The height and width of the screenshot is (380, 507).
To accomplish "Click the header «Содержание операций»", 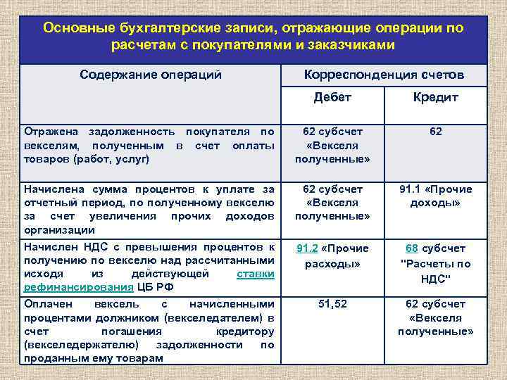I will (x=151, y=74).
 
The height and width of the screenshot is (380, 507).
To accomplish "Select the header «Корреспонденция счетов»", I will (x=384, y=74).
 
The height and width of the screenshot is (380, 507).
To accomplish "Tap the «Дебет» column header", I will (x=332, y=97).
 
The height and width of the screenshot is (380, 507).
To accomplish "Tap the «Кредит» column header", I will (x=435, y=97).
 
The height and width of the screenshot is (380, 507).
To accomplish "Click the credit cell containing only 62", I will (x=435, y=132).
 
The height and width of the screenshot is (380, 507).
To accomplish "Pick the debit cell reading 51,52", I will (x=332, y=304).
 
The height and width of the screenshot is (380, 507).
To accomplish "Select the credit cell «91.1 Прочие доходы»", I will (x=435, y=196).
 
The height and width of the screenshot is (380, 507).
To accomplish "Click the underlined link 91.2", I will (x=307, y=248).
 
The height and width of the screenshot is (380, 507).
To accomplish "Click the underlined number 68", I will (x=412, y=248).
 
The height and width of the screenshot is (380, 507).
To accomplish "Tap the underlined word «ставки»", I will (x=256, y=274).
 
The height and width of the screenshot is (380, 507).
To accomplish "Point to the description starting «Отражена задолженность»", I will (x=149, y=145).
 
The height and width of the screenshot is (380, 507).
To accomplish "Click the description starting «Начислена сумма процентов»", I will (x=149, y=209).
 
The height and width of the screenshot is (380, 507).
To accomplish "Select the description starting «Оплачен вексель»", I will (x=149, y=331).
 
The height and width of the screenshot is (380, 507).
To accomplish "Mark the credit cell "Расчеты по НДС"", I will (x=435, y=271).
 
